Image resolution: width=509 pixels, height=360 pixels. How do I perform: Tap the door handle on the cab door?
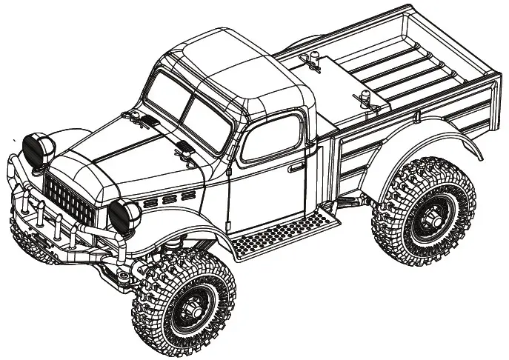(298, 167)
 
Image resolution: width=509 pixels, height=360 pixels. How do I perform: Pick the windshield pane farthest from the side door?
(164, 94)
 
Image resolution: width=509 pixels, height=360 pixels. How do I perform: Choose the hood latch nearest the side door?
(183, 153)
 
